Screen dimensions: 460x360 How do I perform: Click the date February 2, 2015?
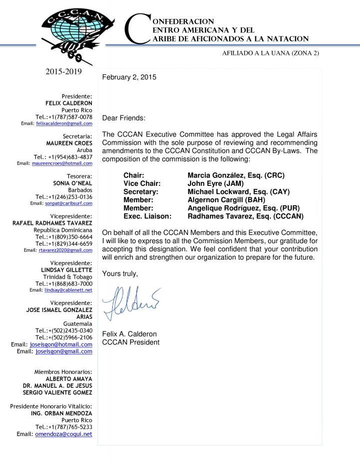pos(129,77)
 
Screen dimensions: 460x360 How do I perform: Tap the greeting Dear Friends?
pos(124,118)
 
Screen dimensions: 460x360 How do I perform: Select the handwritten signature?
pos(131,301)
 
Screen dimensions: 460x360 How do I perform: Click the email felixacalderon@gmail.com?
pos(64,123)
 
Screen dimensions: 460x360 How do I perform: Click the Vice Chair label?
pos(142,183)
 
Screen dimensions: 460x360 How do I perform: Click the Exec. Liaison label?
pos(148,216)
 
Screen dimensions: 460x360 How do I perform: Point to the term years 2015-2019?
pos(63,72)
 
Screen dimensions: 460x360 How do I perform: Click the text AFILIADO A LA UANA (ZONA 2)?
pos(270,53)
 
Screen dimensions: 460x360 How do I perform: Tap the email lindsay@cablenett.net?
pos(67,290)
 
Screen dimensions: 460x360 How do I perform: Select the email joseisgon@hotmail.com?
pos(61,344)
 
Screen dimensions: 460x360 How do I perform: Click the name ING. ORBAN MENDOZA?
pos(61,413)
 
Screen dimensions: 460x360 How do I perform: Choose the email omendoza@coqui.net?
pos(63,434)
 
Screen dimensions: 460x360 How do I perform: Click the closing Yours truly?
pos(120,274)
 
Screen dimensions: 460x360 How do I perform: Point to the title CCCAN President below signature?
pos(131,342)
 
